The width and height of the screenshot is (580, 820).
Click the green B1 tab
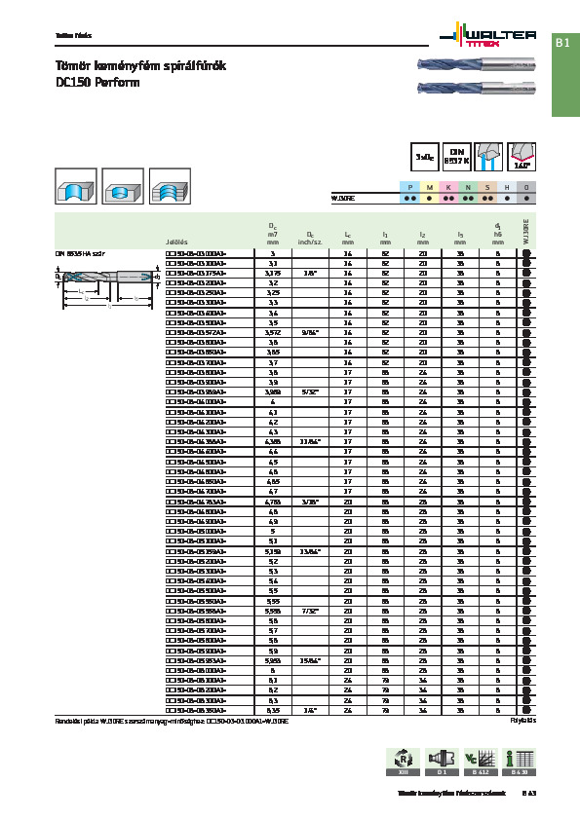point(562,43)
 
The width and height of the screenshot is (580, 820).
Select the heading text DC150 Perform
point(84,84)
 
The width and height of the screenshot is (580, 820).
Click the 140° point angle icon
point(521,156)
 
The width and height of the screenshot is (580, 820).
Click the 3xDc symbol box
point(424,156)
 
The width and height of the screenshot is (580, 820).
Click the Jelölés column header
point(176,242)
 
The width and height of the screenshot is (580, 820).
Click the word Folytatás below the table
point(523,722)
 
